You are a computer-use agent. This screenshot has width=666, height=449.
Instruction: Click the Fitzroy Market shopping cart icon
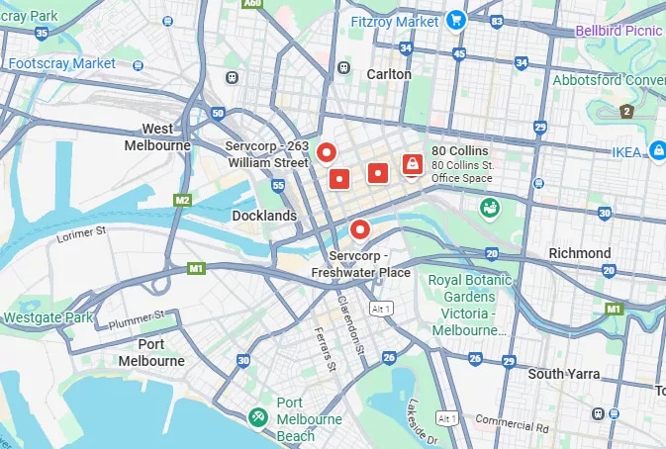click(455, 19)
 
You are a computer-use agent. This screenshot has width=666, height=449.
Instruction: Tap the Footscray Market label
click(63, 63)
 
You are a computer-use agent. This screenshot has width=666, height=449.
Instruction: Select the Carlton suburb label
click(388, 74)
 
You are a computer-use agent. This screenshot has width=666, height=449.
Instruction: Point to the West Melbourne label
click(157, 136)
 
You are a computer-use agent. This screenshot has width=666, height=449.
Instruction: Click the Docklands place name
click(263, 215)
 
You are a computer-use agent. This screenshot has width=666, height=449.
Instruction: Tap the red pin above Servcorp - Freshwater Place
click(360, 229)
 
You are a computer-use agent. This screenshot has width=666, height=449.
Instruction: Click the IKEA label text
click(625, 151)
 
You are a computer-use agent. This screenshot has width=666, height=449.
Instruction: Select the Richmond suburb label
click(580, 253)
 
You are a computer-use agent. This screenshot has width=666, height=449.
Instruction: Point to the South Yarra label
click(564, 374)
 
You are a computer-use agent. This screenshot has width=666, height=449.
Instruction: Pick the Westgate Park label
click(48, 317)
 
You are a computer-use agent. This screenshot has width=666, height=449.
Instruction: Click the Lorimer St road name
click(82, 233)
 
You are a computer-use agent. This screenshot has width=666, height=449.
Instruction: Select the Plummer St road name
click(139, 319)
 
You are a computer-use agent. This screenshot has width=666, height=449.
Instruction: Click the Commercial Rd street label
click(513, 423)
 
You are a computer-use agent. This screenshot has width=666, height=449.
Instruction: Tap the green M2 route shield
click(181, 201)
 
